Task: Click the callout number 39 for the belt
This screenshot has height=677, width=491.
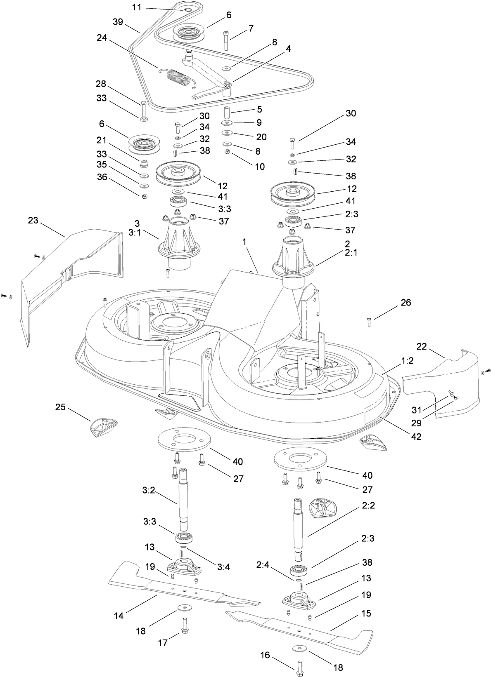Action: (x=118, y=22)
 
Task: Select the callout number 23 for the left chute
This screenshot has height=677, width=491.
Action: (x=33, y=221)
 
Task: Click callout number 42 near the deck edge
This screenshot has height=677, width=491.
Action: (x=416, y=437)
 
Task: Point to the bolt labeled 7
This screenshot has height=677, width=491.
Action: (x=226, y=40)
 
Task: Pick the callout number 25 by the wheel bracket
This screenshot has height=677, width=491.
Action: (x=61, y=407)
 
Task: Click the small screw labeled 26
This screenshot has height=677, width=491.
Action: (x=369, y=322)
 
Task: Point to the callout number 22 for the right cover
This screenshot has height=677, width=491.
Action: (x=421, y=347)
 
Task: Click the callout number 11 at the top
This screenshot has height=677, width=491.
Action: (x=137, y=7)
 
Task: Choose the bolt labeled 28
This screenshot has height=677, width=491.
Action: (x=143, y=108)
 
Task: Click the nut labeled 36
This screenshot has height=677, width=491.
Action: (x=145, y=196)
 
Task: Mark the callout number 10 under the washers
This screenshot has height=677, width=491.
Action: (x=260, y=167)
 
